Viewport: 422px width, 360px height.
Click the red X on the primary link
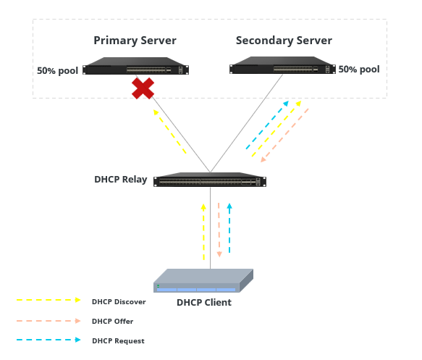143,88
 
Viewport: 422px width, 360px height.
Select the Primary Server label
135,41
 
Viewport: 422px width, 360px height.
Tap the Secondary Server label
284,41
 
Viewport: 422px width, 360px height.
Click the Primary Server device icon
135,66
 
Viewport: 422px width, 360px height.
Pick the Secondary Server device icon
282,65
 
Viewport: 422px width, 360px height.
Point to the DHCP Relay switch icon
210,180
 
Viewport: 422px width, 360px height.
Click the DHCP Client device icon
203,280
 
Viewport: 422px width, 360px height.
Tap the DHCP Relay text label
121,180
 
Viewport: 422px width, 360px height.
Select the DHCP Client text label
204,302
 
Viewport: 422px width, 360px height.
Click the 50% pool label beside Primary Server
58,70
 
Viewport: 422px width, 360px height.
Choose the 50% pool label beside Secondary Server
359,70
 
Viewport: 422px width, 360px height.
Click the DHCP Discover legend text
119,302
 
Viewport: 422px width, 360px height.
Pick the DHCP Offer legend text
112,321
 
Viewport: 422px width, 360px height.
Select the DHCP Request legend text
118,341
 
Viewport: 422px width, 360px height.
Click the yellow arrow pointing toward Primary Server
169,131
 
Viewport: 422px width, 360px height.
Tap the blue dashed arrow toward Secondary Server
267,125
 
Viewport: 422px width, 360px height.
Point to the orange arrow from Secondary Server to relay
284,135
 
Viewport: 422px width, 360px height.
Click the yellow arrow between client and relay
203,232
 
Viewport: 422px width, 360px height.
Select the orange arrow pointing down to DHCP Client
219,230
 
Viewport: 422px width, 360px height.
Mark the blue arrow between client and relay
229,228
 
